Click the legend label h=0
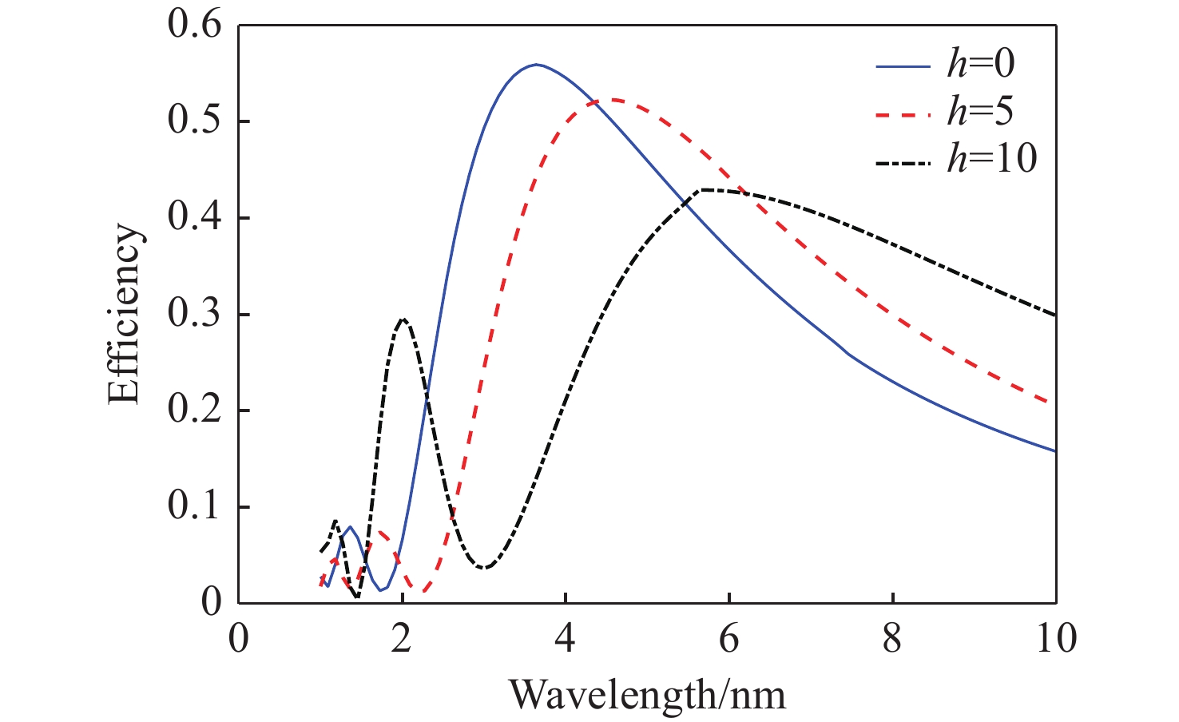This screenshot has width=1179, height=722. click(x=980, y=65)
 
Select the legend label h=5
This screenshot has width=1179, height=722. click(x=980, y=113)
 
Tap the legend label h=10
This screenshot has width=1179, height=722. click(x=991, y=160)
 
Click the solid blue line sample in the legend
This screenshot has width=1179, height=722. click(x=903, y=65)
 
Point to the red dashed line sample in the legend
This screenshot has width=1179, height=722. click(x=903, y=114)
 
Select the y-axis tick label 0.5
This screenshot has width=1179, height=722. click(x=194, y=121)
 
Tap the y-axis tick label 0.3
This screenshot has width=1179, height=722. click(x=194, y=314)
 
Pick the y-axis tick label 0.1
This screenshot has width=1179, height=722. click(x=194, y=506)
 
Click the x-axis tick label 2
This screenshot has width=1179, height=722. click(x=402, y=639)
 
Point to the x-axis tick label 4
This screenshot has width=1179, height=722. click(x=566, y=639)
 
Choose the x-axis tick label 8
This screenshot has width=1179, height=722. click(x=892, y=639)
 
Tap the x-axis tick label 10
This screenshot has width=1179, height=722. click(x=1054, y=639)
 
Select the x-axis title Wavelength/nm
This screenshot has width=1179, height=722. click(x=647, y=695)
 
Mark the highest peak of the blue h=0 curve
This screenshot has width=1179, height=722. click(x=536, y=64)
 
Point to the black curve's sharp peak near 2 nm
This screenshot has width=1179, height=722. click(x=403, y=319)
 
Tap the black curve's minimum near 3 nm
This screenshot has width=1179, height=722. click(x=485, y=568)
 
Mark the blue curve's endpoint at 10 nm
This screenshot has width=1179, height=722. click(x=1055, y=451)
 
